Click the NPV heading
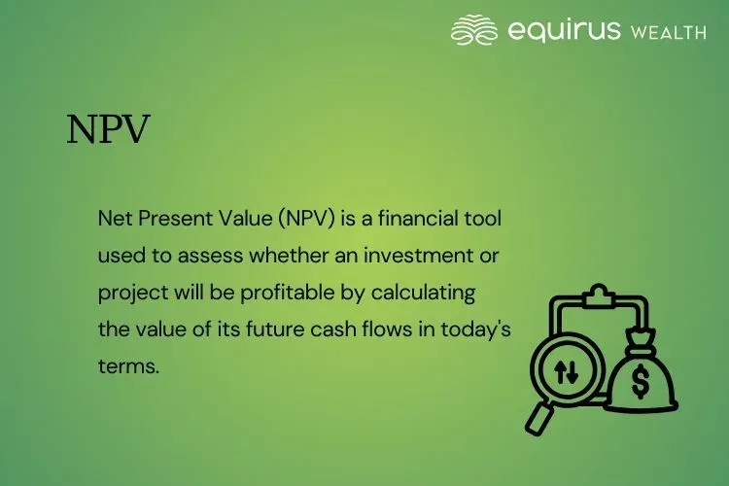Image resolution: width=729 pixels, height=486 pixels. pyautogui.click(x=108, y=130)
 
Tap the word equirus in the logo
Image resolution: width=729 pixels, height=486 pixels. pyautogui.click(x=564, y=30)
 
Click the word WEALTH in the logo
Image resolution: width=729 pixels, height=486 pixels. pyautogui.click(x=669, y=32)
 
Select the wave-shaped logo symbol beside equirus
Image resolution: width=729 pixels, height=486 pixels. pyautogui.click(x=474, y=30)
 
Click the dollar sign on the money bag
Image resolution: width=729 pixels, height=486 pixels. pyautogui.click(x=641, y=382)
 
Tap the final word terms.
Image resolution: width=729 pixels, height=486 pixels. pyautogui.click(x=127, y=364)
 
